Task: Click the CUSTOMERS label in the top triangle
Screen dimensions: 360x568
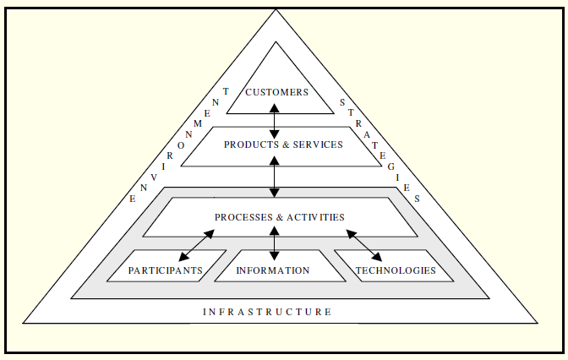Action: click(x=276, y=92)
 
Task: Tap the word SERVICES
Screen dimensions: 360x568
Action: click(x=317, y=145)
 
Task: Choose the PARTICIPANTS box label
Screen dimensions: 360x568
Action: click(x=165, y=270)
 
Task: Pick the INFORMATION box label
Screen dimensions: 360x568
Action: click(x=273, y=270)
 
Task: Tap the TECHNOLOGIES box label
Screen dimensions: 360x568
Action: click(x=396, y=270)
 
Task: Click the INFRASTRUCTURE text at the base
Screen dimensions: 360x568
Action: click(x=267, y=312)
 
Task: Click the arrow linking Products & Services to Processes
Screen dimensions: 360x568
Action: click(x=275, y=178)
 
